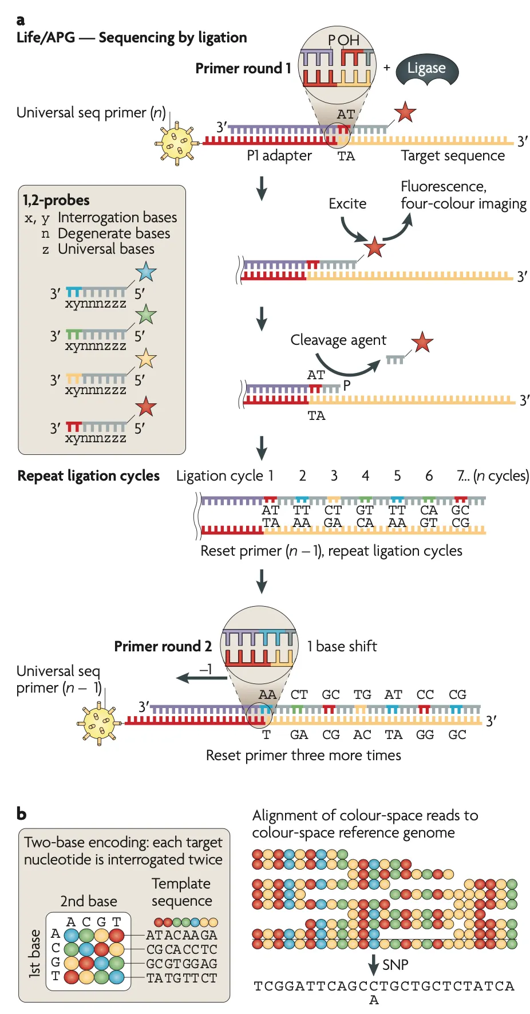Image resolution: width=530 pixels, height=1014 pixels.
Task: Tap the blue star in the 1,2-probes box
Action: click(x=146, y=272)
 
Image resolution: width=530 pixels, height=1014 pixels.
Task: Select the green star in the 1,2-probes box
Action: click(x=146, y=315)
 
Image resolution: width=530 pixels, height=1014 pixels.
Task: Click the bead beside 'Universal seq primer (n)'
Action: click(x=177, y=143)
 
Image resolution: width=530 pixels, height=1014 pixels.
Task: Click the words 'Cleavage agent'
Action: click(x=338, y=340)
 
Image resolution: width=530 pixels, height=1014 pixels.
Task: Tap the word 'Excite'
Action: click(x=347, y=204)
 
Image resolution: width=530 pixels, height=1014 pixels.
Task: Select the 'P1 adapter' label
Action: click(x=279, y=156)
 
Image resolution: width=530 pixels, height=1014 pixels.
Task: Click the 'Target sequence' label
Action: click(x=453, y=156)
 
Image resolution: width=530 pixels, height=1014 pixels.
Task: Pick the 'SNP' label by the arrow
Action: click(x=395, y=965)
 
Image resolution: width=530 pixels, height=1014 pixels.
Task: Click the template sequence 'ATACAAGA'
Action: click(x=181, y=935)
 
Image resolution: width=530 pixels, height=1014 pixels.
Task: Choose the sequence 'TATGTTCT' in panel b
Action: click(x=181, y=978)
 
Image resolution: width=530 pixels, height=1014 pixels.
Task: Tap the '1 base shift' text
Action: click(x=342, y=646)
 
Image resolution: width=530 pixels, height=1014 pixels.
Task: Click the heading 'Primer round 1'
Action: click(x=243, y=69)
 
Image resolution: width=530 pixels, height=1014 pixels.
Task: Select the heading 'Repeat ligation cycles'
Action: click(x=89, y=476)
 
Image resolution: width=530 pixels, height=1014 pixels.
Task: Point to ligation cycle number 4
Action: click(x=365, y=476)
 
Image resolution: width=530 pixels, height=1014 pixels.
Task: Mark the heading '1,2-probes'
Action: click(x=56, y=200)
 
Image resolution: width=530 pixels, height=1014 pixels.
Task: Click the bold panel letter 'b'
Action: click(x=22, y=813)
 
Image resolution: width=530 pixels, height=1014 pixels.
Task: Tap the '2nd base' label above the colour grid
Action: click(x=89, y=901)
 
